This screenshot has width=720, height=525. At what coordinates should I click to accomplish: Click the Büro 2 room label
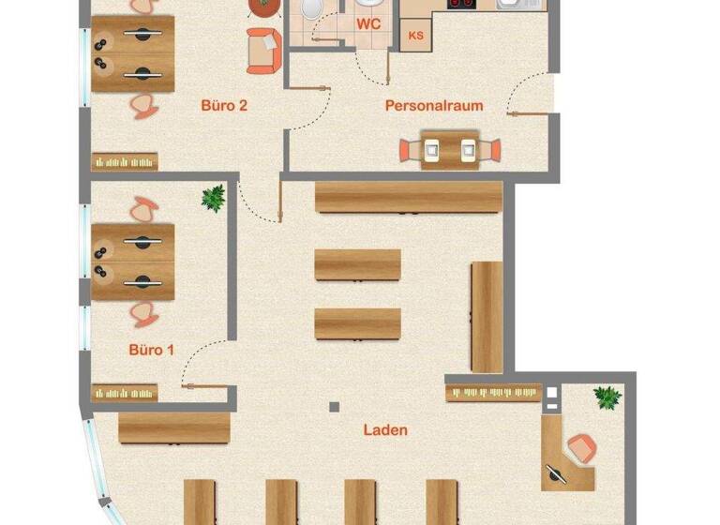pos(224,105)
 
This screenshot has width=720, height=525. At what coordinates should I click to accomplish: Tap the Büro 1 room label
pos(151,350)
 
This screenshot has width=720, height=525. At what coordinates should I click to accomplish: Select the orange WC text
pos(368,25)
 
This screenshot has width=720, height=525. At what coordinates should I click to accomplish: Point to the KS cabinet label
pos(415,35)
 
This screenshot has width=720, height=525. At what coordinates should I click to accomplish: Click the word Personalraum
pos(434,105)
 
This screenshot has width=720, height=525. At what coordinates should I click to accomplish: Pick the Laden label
pos(385,430)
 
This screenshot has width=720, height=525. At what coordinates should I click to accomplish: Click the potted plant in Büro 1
pos(213,198)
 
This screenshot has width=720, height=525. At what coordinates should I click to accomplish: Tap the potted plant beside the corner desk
pos(607,397)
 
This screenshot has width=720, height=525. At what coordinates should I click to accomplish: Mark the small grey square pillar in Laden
pos(333,407)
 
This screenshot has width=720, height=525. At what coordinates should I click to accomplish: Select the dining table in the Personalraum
pos(449,149)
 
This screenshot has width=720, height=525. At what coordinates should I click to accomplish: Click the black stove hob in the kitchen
pos(460,5)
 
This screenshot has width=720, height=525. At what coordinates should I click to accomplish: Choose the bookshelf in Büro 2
pos(125,161)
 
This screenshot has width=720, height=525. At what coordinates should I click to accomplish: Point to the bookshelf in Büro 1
pos(124,393)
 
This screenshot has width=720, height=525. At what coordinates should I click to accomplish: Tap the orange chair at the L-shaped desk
pos(581,447)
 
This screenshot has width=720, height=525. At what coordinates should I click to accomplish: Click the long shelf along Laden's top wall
pos(408,198)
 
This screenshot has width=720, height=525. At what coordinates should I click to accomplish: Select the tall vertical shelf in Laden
pos(487,317)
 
